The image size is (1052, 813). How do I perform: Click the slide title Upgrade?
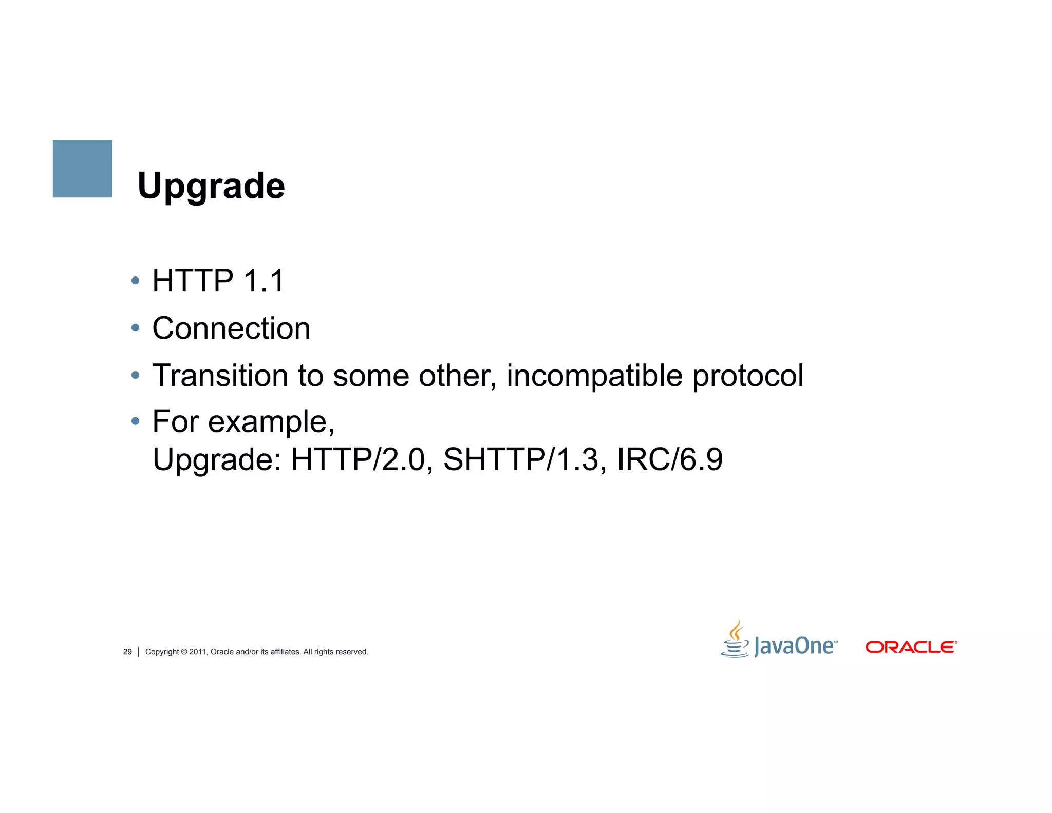(x=211, y=186)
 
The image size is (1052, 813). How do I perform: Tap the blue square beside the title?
(x=82, y=169)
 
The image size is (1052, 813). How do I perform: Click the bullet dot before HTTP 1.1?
(x=135, y=281)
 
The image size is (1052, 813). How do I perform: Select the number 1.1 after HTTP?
(x=264, y=281)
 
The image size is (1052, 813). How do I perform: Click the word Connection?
(x=231, y=328)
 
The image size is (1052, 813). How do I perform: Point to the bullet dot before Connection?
(x=135, y=328)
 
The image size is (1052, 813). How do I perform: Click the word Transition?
(x=220, y=375)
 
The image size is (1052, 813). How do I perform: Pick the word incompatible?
(x=594, y=376)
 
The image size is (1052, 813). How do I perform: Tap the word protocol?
(x=748, y=376)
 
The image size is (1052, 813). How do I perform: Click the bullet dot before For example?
(x=135, y=421)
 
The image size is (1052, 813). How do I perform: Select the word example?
(x=271, y=422)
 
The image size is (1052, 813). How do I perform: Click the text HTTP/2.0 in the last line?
(x=358, y=459)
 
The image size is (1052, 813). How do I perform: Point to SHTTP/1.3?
(x=521, y=459)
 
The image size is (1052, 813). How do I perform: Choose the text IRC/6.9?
(x=669, y=459)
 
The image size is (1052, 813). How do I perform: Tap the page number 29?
(x=127, y=652)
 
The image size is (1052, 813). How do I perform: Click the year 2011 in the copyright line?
(x=198, y=652)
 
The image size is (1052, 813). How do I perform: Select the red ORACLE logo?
(x=911, y=647)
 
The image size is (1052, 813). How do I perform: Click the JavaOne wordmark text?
(x=794, y=646)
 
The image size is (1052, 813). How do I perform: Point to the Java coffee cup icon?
(x=736, y=640)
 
